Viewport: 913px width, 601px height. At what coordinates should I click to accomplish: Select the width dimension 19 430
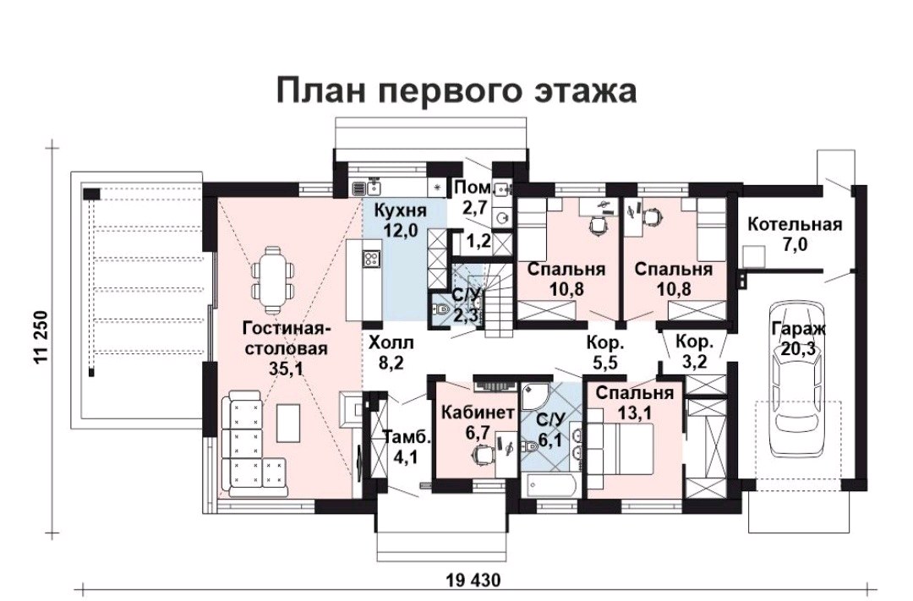[x=473, y=580]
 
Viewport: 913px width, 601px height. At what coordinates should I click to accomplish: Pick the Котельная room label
[x=795, y=225]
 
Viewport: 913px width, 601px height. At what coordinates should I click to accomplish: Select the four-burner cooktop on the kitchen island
[x=371, y=259]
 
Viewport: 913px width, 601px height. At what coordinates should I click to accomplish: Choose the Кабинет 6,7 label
[x=478, y=422]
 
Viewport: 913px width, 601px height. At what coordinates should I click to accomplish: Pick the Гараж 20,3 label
[x=798, y=338]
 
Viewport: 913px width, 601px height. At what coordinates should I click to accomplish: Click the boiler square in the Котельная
[x=753, y=255]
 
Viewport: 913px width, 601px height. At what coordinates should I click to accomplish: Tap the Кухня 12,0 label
[x=400, y=220]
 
